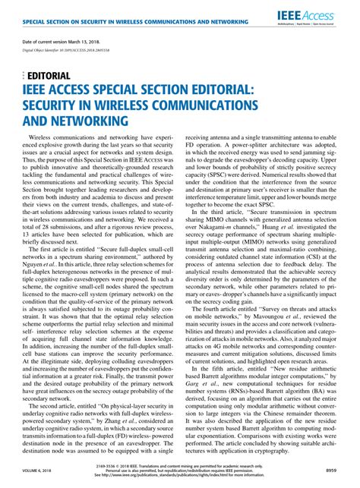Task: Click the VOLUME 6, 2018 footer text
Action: click(x=35, y=471)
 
